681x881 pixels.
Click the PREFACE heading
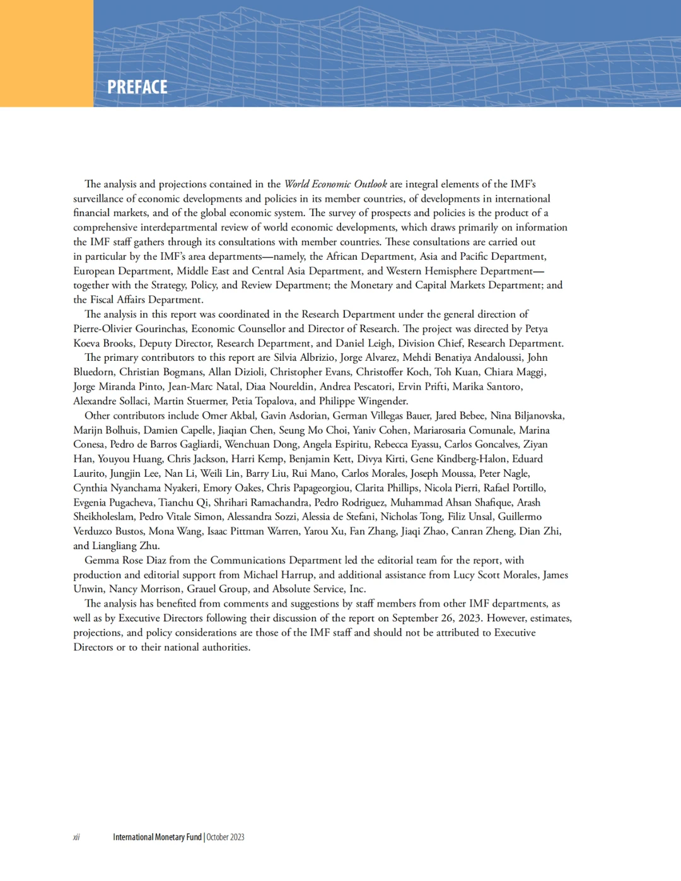click(x=137, y=87)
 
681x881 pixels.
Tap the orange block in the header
click(x=47, y=53)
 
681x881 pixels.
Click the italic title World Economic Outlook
click(x=335, y=184)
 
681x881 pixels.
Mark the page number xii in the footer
click(x=76, y=837)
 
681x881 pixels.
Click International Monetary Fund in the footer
click(x=157, y=837)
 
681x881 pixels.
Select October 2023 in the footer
click(x=225, y=837)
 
